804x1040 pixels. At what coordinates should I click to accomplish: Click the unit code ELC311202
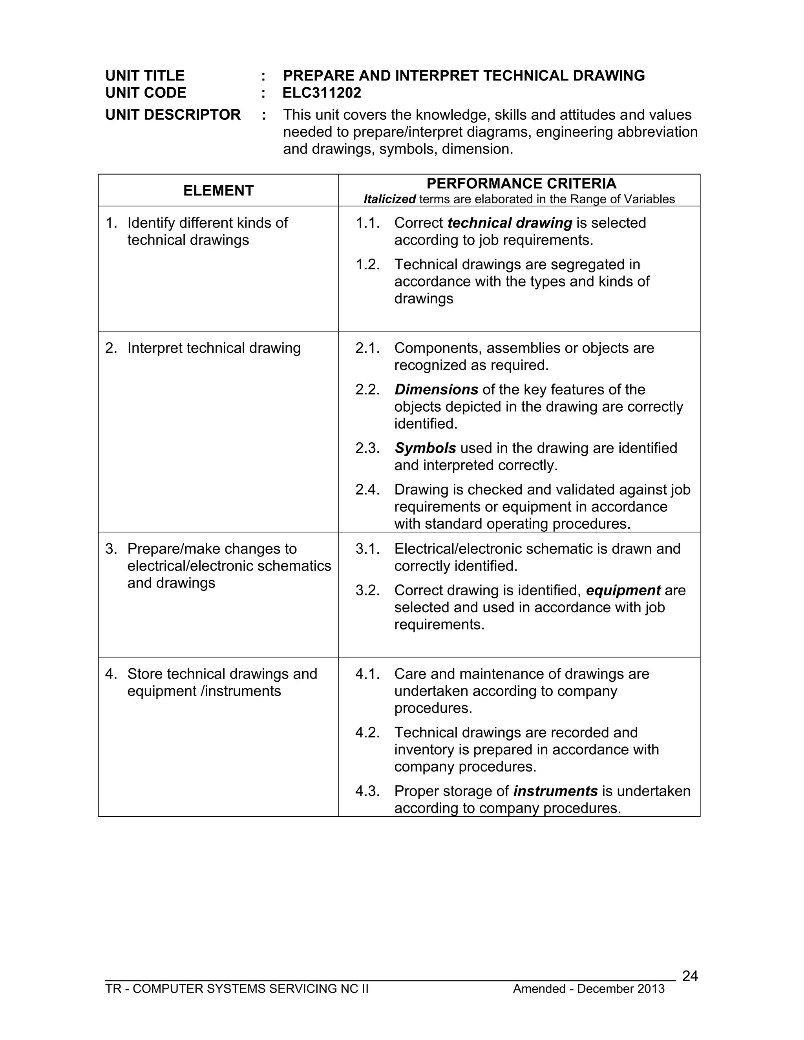click(x=322, y=93)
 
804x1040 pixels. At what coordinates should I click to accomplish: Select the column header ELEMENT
click(x=218, y=190)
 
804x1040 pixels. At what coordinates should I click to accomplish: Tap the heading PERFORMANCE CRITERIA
click(x=521, y=183)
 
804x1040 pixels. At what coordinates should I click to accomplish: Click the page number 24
click(x=690, y=976)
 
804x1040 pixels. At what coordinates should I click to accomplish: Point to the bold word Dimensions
click(x=436, y=390)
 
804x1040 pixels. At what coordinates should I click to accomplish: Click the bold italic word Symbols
click(x=425, y=448)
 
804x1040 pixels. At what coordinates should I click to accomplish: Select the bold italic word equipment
click(x=623, y=591)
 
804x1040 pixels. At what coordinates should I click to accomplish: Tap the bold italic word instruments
click(x=555, y=791)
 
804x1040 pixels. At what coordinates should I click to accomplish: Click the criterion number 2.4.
click(x=367, y=489)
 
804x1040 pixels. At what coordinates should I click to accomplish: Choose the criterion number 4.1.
click(x=367, y=674)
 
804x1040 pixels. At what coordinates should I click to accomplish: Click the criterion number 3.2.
click(x=367, y=591)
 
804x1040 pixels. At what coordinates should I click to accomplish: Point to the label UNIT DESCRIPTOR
click(x=173, y=115)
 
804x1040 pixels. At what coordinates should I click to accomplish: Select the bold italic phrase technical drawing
click(x=510, y=223)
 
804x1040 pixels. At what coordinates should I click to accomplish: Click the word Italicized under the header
click(x=389, y=199)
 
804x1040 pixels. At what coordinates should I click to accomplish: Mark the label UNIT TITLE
click(x=145, y=76)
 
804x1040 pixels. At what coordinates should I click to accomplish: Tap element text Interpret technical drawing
click(x=214, y=348)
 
